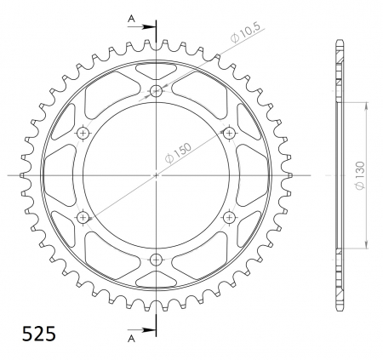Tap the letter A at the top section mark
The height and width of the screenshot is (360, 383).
130,18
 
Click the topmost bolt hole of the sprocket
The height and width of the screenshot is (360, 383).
156,91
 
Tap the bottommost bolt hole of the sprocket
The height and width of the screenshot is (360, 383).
156,260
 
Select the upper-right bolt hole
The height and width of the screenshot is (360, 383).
229,133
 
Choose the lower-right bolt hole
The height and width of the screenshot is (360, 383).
229,218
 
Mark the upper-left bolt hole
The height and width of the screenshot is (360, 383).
83,133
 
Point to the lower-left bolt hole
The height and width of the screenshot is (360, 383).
83,218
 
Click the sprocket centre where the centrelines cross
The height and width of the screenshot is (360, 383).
156,175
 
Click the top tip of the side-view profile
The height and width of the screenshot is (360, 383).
340,42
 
